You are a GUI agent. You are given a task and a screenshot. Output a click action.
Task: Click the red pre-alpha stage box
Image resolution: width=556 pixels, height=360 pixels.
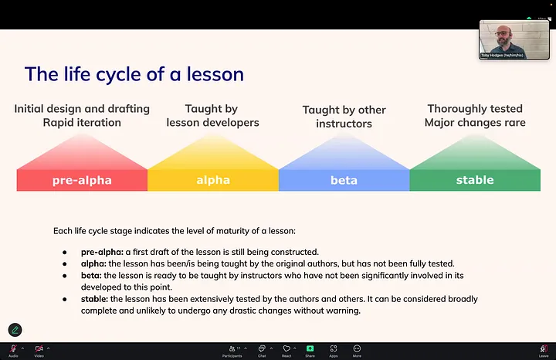point(82,180)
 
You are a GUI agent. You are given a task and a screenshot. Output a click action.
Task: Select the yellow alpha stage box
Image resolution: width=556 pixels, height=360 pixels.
point(213,180)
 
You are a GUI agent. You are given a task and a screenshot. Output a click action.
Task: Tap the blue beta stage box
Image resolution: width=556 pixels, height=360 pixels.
point(344,180)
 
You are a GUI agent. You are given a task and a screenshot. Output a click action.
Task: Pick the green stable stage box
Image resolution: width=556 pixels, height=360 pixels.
point(474,180)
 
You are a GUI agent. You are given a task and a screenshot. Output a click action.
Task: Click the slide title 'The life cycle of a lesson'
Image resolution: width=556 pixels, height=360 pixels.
point(134,74)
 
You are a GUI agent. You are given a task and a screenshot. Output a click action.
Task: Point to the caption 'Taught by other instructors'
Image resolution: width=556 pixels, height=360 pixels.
point(344,117)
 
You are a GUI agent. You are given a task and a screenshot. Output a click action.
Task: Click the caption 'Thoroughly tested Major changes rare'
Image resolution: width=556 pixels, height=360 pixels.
point(475,115)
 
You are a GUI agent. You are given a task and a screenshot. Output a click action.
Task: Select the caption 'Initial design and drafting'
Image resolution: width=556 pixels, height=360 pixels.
point(82,109)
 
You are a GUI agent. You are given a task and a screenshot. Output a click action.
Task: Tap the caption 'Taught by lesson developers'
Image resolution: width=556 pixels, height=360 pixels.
point(211,115)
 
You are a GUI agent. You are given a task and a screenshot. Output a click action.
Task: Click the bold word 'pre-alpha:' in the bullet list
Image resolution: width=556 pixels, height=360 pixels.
point(102,252)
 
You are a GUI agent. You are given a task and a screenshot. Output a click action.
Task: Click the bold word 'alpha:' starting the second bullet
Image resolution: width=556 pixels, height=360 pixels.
point(95,263)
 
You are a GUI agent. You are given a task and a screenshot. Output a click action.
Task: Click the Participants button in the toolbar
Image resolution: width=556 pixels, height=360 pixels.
point(232,350)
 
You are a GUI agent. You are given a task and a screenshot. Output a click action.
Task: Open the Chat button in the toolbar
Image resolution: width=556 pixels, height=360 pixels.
point(262,350)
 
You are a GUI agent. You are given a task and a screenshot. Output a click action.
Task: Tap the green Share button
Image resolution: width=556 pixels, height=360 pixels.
point(310,350)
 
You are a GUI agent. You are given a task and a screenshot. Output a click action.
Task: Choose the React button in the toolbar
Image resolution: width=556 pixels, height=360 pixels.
point(286,350)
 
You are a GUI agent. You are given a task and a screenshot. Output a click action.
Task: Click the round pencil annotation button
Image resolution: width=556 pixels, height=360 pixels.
point(15,331)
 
